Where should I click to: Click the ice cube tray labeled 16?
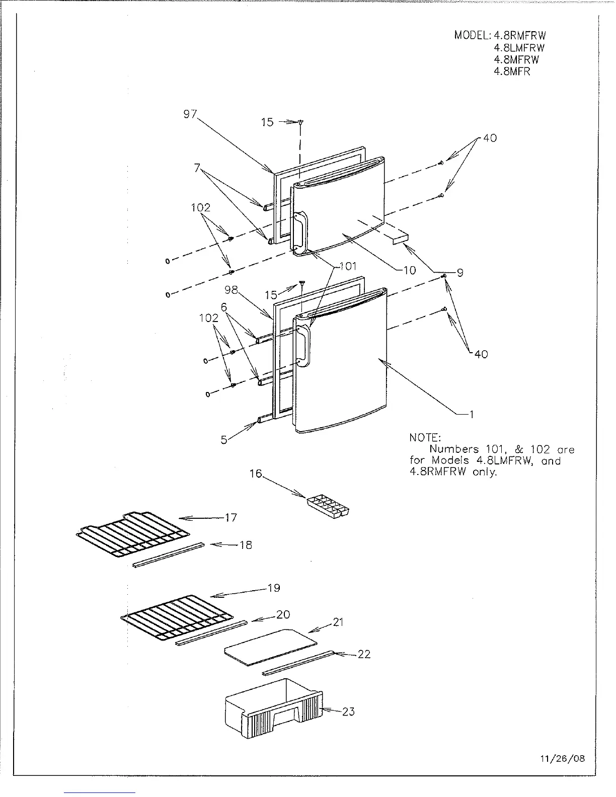pos(329,505)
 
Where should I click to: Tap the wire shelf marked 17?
pos(132,535)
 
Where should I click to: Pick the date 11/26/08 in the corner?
pos(567,758)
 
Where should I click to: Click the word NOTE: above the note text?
pos(425,438)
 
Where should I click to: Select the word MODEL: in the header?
pos(473,35)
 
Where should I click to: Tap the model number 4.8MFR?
pos(512,71)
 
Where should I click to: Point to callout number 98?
pos(231,290)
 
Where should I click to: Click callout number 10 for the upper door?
pos(410,270)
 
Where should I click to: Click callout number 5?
pos(224,440)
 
